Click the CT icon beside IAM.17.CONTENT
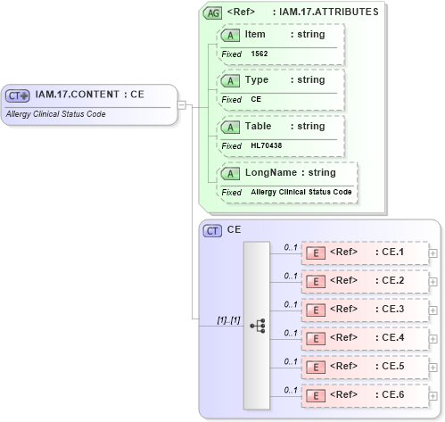pyautogui.click(x=18, y=95)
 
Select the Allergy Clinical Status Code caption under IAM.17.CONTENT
pyautogui.click(x=55, y=114)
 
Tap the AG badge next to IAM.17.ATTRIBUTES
pyautogui.click(x=212, y=12)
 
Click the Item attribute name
pyautogui.click(x=255, y=34)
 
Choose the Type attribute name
pyautogui.click(x=257, y=80)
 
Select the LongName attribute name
pyautogui.click(x=273, y=172)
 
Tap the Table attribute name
pyautogui.click(x=260, y=126)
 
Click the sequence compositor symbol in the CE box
pyautogui.click(x=258, y=327)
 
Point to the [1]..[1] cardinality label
pyautogui.click(x=228, y=319)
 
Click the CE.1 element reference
pyautogui.click(x=367, y=252)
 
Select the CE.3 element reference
pyautogui.click(x=367, y=310)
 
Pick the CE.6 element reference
pyautogui.click(x=367, y=394)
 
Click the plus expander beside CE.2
pyautogui.click(x=433, y=282)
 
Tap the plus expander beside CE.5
pyautogui.click(x=433, y=367)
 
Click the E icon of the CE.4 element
pyautogui.click(x=315, y=338)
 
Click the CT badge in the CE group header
pyautogui.click(x=213, y=230)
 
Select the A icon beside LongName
pyautogui.click(x=230, y=172)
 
